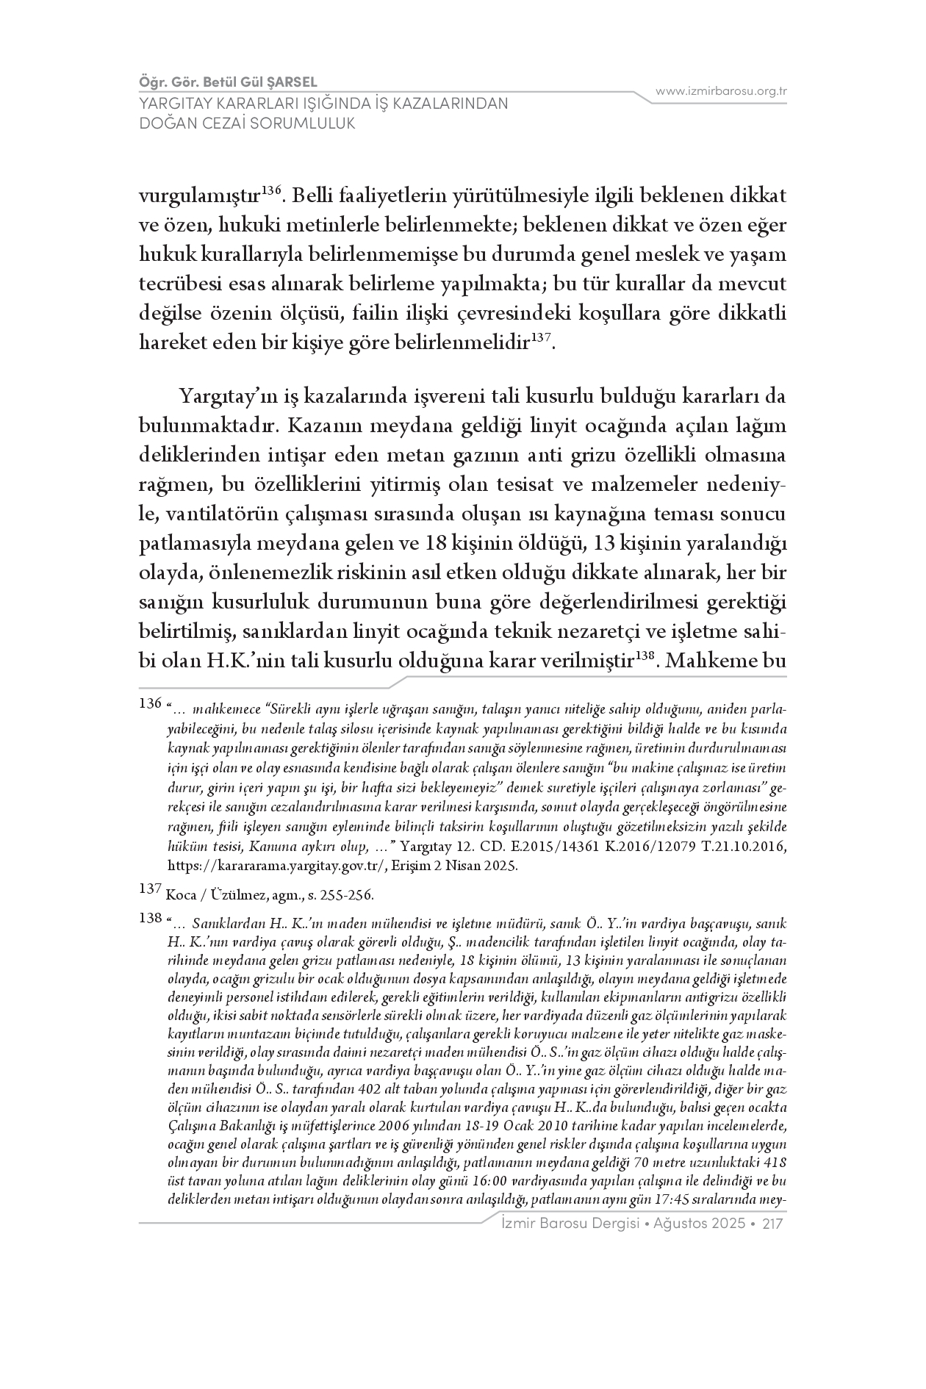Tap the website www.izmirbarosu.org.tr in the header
pyautogui.click(x=721, y=91)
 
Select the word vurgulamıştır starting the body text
pyautogui.click(x=199, y=196)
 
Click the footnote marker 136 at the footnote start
pyautogui.click(x=150, y=704)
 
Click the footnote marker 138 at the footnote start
pyautogui.click(x=150, y=917)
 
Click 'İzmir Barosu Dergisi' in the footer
pyautogui.click(x=567, y=1224)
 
